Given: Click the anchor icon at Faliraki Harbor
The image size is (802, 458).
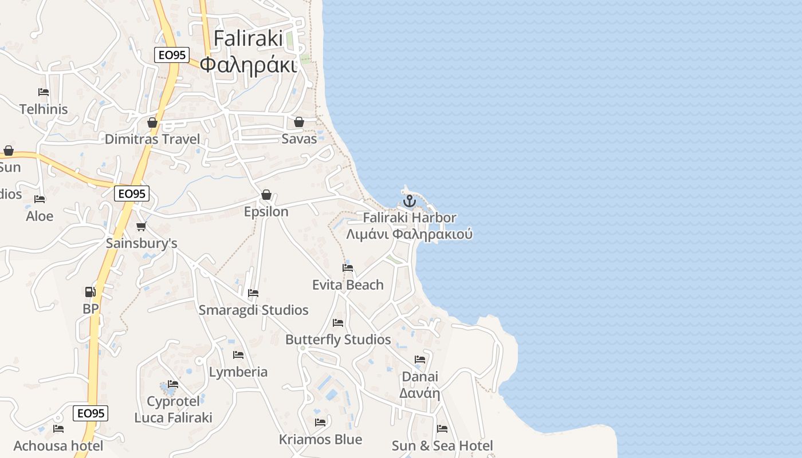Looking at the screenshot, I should click(409, 201).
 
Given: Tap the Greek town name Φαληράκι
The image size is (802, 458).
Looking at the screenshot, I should click(249, 65).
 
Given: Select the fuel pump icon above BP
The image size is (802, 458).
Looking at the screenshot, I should click(90, 292).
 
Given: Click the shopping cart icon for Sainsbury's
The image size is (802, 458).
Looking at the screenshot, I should click(141, 226).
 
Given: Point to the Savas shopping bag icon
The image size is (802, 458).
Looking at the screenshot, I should click(298, 122).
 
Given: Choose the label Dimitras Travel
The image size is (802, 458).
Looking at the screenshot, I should click(152, 139).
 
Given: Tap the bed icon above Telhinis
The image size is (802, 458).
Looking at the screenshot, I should click(44, 92).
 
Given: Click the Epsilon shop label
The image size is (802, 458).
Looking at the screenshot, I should click(266, 212).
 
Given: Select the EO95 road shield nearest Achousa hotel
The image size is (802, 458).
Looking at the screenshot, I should click(91, 413).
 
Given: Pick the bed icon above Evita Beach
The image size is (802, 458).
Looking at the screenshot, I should click(348, 267).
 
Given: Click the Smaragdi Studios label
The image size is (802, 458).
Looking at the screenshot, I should click(253, 310).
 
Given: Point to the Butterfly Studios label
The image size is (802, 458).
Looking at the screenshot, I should click(338, 339).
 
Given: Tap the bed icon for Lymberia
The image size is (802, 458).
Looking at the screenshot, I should click(238, 355).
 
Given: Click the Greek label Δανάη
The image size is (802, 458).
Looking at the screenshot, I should click(419, 393).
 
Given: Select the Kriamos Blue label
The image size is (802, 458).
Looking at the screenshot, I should click(320, 440).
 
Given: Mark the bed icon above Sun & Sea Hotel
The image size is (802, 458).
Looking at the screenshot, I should click(442, 428).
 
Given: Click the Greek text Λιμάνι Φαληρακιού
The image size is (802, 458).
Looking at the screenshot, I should click(409, 234).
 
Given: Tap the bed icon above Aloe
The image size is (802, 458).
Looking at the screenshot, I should click(40, 199).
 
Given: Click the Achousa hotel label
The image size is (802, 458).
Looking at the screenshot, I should click(58, 446).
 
